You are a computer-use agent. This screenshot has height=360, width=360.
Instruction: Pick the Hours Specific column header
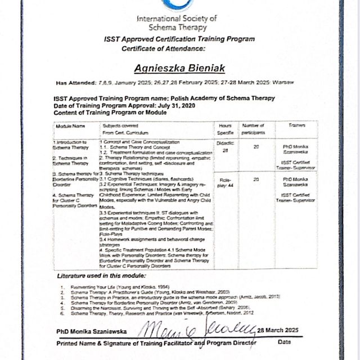click(225, 129)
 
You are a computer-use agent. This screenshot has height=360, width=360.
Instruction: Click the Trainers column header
click(296, 125)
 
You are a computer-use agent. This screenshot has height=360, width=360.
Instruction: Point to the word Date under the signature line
click(285, 341)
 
